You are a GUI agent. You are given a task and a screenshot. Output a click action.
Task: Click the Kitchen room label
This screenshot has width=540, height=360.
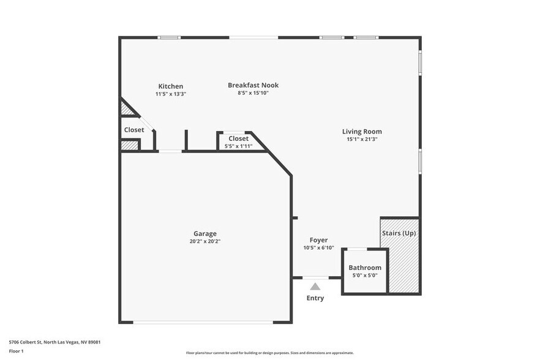click(x=170, y=86)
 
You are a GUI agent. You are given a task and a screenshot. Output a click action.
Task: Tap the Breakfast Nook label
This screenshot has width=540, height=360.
click(x=253, y=85)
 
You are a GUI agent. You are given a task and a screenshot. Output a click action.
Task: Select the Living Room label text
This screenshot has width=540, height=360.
click(x=362, y=132)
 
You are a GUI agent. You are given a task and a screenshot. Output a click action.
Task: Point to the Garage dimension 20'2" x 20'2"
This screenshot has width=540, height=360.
click(x=204, y=241)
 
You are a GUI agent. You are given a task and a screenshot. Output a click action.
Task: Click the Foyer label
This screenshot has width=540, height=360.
click(x=318, y=240)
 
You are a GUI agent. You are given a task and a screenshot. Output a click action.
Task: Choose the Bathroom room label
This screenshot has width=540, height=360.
click(x=365, y=268)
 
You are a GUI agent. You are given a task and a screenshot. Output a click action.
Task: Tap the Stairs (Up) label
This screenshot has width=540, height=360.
click(x=399, y=233)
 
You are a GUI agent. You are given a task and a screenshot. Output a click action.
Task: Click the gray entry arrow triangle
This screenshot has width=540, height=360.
click(x=315, y=286)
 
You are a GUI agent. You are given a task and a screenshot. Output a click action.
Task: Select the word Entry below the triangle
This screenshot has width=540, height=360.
click(x=315, y=298)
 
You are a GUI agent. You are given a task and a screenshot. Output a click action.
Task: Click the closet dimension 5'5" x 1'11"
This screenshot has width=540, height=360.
click(x=238, y=146)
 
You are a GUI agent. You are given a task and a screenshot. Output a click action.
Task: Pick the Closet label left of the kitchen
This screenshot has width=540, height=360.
click(x=134, y=130)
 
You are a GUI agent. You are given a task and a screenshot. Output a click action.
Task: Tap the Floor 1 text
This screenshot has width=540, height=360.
click(x=17, y=351)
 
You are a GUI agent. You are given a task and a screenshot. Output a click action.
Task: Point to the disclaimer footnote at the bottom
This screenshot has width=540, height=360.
click(x=269, y=353)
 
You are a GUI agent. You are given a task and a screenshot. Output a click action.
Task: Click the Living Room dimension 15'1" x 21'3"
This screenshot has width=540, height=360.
click(x=362, y=139)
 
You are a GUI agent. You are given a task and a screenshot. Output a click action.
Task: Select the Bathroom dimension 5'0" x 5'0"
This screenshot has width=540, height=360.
click(x=365, y=275)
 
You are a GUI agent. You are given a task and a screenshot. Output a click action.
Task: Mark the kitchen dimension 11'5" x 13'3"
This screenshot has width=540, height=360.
click(x=170, y=94)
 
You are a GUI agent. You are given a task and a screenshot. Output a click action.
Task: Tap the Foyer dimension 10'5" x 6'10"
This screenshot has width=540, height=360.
click(x=318, y=248)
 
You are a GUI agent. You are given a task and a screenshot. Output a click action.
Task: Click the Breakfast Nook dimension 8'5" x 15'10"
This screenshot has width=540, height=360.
click(x=253, y=93)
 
